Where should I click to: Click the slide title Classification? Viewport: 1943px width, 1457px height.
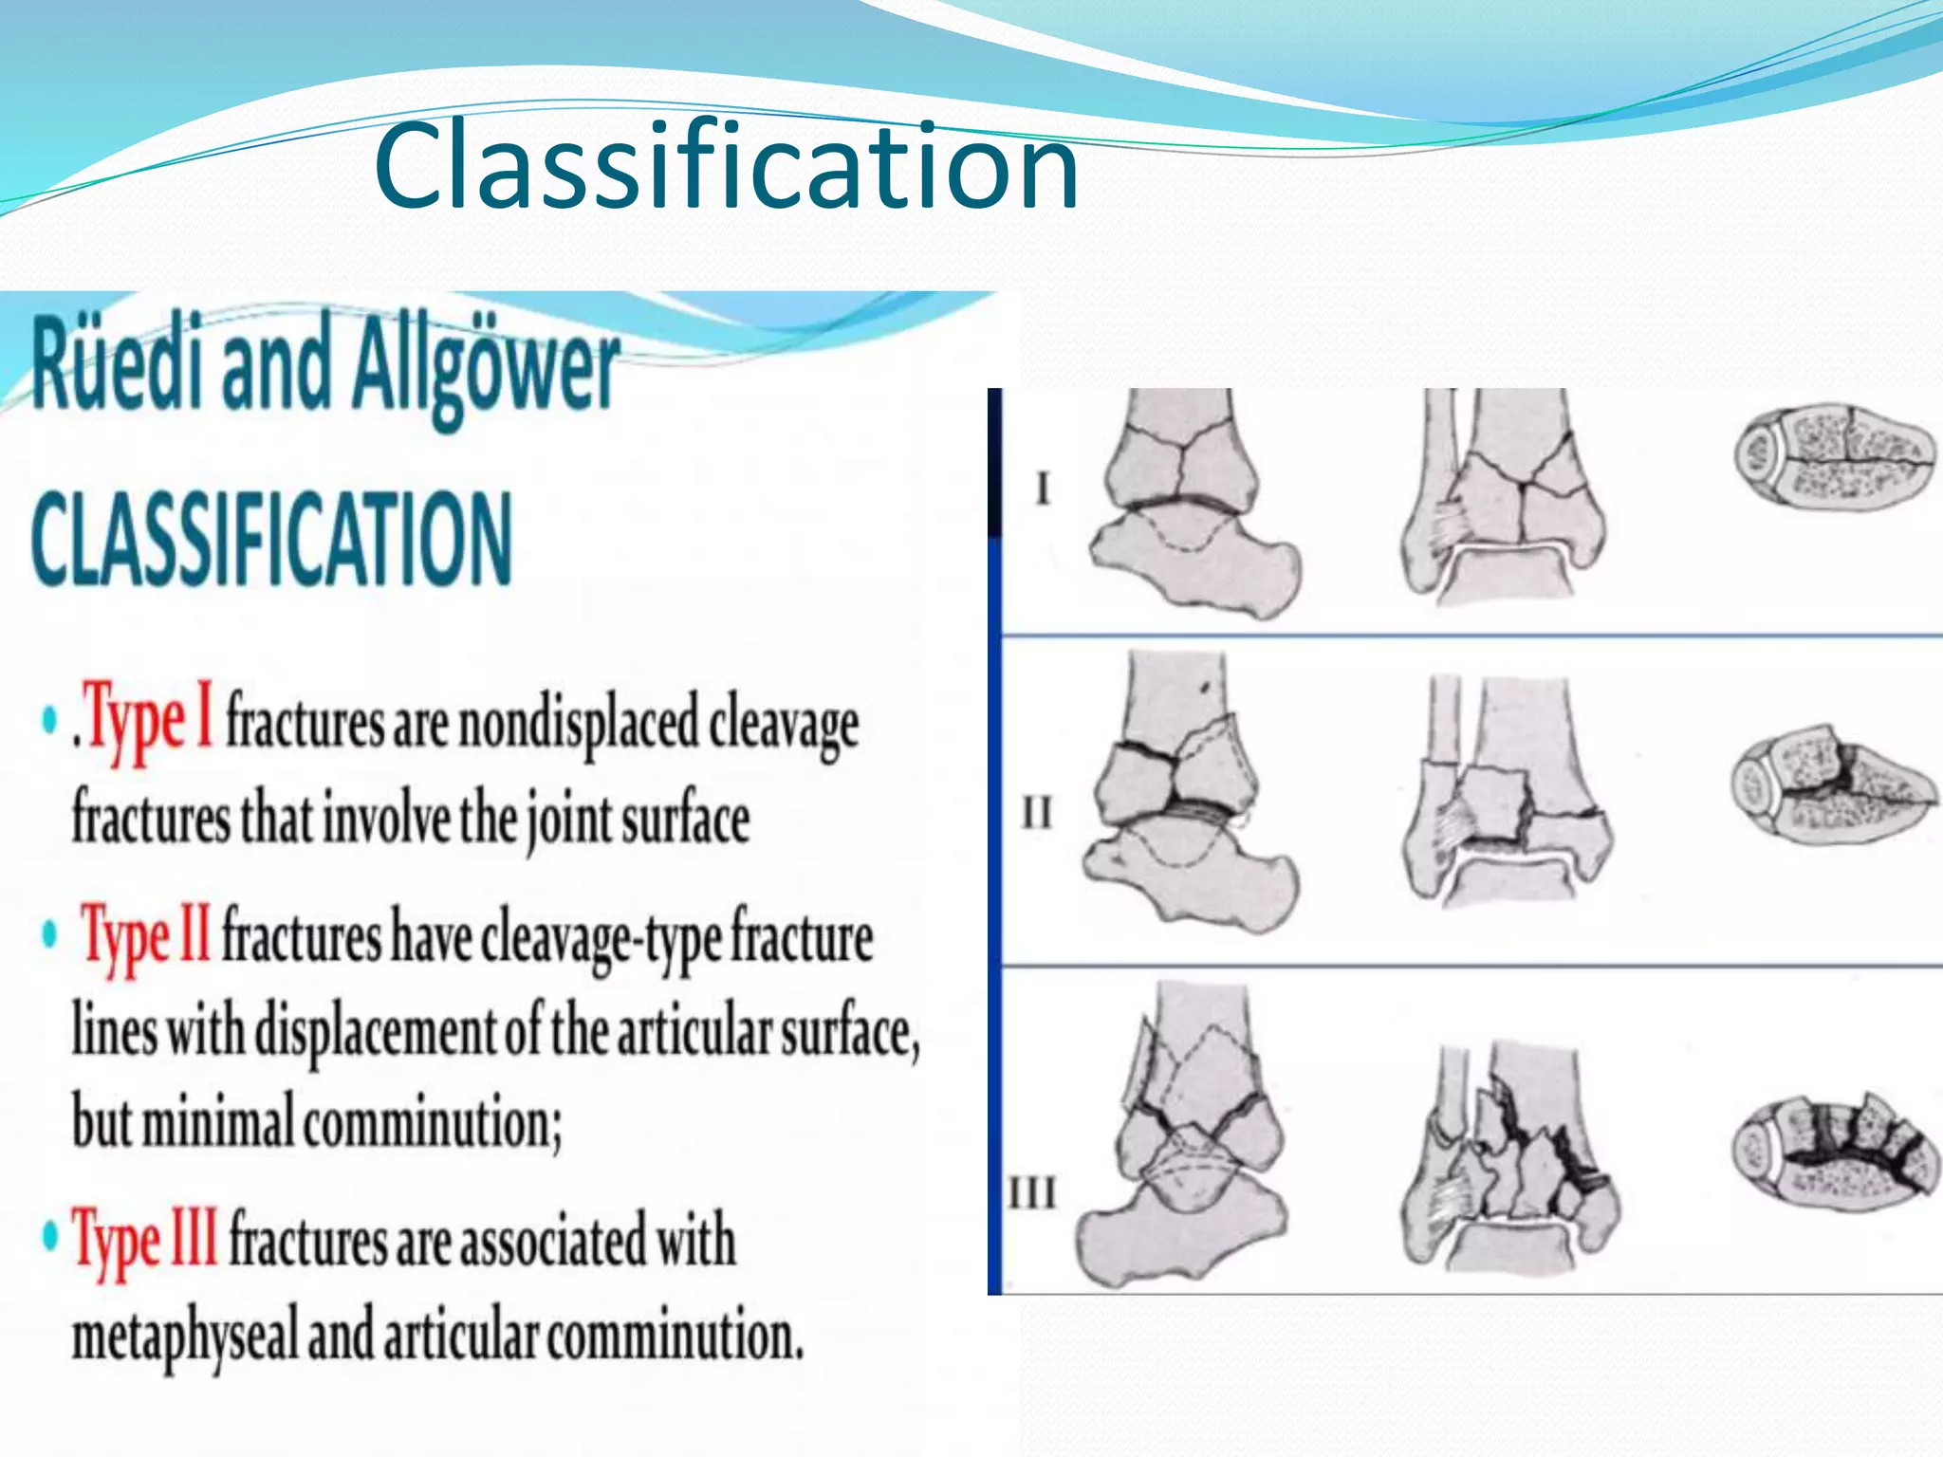(x=726, y=168)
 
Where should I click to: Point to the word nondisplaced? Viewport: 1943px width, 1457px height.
(x=578, y=725)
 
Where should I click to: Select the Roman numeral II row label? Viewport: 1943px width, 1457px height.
(x=1037, y=813)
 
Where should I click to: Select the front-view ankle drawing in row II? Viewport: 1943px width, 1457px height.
(x=1508, y=792)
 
